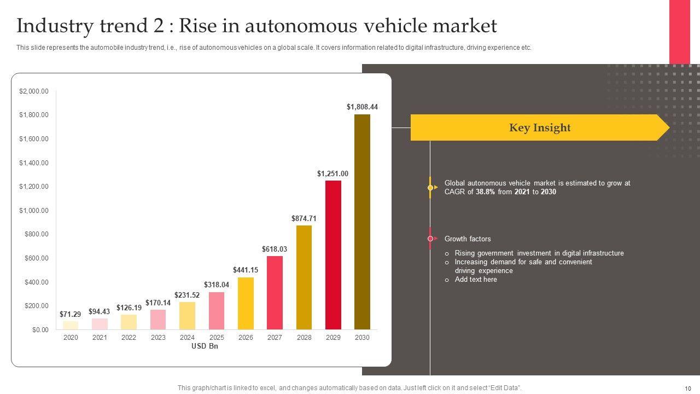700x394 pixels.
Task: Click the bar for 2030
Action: click(x=362, y=222)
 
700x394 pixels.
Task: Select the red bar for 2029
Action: click(x=333, y=255)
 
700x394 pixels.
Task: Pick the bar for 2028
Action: click(x=304, y=277)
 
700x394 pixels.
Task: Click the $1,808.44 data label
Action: click(x=362, y=107)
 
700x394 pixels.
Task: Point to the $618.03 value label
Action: click(x=275, y=250)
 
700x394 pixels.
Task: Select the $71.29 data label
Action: click(x=71, y=315)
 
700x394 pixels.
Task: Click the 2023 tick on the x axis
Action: click(x=158, y=338)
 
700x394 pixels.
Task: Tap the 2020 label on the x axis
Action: click(x=71, y=338)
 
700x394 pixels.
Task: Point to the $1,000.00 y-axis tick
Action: click(x=34, y=211)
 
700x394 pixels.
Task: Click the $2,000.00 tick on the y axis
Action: click(x=34, y=91)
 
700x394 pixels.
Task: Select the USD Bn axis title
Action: click(x=205, y=346)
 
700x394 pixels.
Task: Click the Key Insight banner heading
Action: click(x=540, y=128)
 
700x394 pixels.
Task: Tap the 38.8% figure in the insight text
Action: click(x=486, y=192)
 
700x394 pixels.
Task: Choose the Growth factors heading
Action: click(x=468, y=239)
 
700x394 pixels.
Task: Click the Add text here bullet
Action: click(x=476, y=280)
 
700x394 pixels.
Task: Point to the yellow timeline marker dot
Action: click(x=430, y=188)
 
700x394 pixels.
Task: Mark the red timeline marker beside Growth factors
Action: click(x=430, y=239)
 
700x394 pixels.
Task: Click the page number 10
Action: click(x=687, y=388)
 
